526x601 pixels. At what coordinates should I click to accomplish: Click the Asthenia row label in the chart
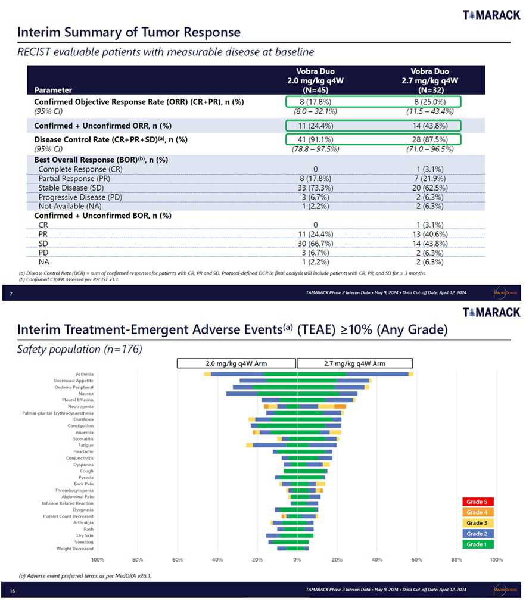coord(84,374)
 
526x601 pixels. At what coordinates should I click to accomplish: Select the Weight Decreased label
coord(75,549)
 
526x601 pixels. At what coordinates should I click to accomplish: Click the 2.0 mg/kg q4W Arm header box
coord(236,363)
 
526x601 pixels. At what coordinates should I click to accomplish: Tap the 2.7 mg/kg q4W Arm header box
coord(354,363)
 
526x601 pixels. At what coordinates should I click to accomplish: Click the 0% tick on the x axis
coord(297,560)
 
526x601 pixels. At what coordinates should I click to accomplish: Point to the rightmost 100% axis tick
coord(496,560)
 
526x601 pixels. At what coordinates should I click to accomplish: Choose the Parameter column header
coord(53,90)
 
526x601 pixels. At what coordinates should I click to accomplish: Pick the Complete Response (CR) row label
coord(80,169)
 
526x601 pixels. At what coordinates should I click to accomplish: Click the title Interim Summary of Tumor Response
coord(129,32)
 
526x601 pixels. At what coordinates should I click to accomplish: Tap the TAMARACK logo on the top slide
coord(491,15)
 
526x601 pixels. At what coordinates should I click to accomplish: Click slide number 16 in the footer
coord(12,590)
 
